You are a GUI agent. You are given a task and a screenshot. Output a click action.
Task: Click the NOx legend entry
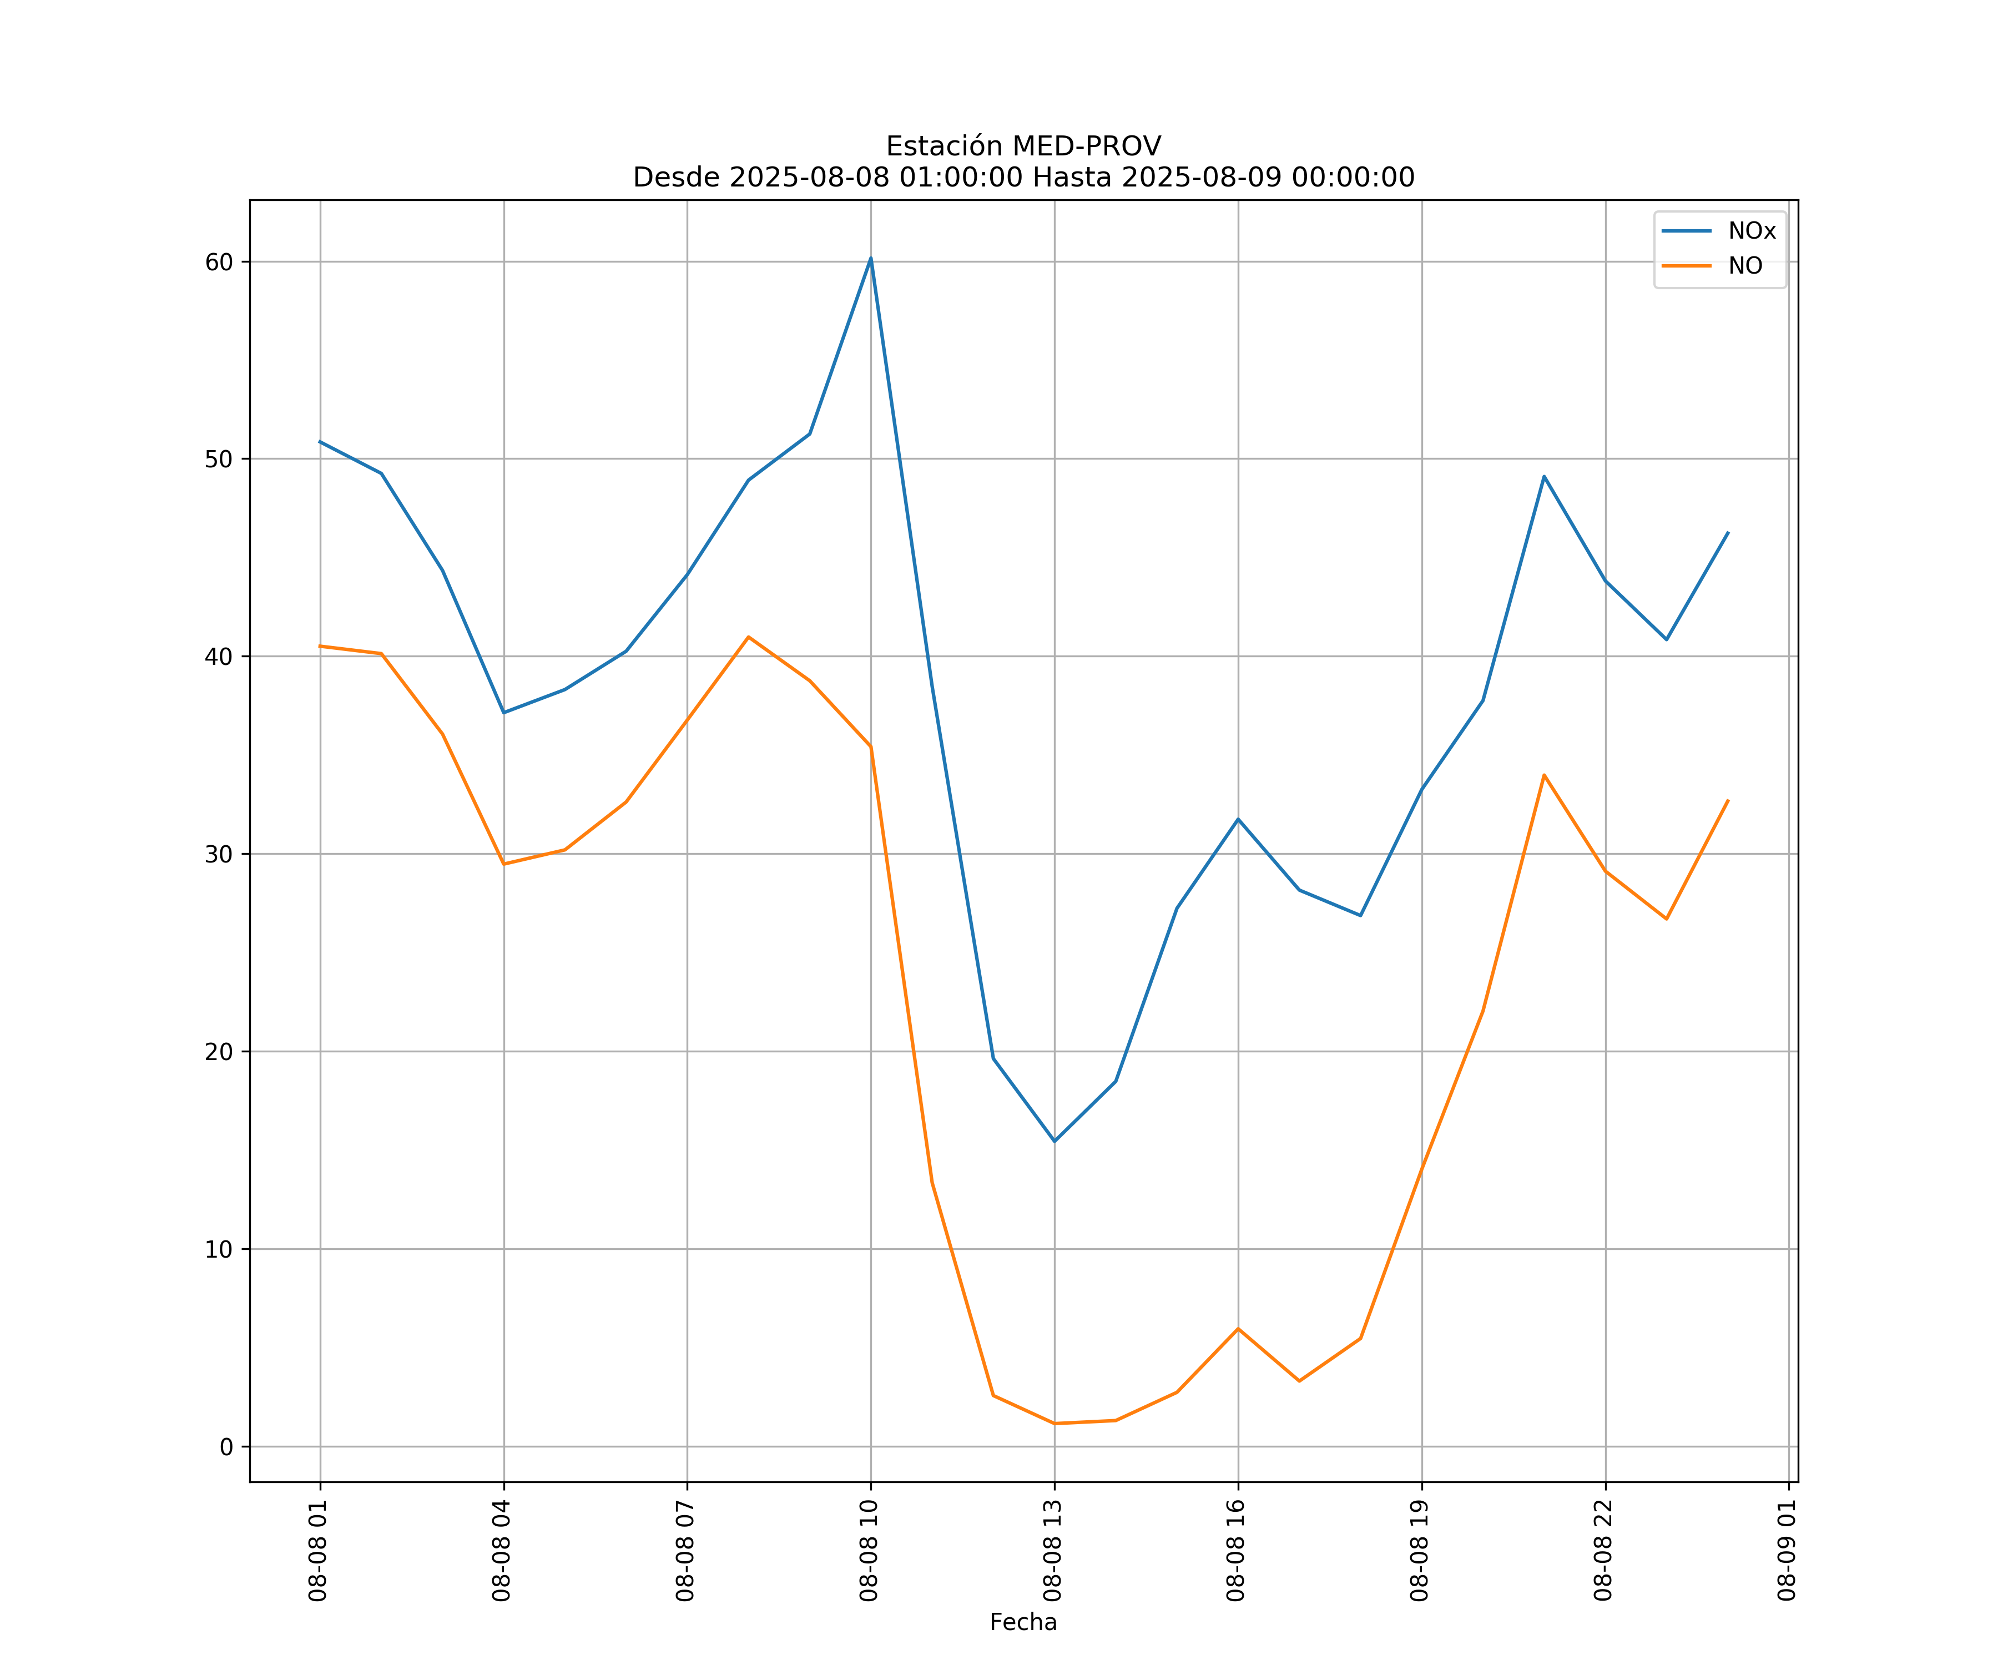point(1750,231)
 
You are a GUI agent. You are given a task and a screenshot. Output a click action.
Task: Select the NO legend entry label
point(1745,266)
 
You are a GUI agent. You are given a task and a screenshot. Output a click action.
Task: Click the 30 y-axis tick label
point(219,854)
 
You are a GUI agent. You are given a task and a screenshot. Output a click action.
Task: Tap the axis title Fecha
point(1023,1622)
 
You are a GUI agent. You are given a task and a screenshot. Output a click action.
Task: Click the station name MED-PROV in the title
point(1086,147)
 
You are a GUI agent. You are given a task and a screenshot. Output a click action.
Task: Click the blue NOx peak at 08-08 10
point(871,258)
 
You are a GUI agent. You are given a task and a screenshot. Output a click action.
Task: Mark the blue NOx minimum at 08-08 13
point(1054,1141)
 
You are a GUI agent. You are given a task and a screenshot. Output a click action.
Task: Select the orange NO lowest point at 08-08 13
point(1054,1424)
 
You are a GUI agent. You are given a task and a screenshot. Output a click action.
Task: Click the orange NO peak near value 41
point(749,637)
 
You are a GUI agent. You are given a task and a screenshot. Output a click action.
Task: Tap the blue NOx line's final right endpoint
point(1728,533)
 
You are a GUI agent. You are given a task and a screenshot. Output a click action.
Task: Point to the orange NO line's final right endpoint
point(1728,800)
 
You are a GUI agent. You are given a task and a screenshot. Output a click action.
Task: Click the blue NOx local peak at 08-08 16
point(1238,818)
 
